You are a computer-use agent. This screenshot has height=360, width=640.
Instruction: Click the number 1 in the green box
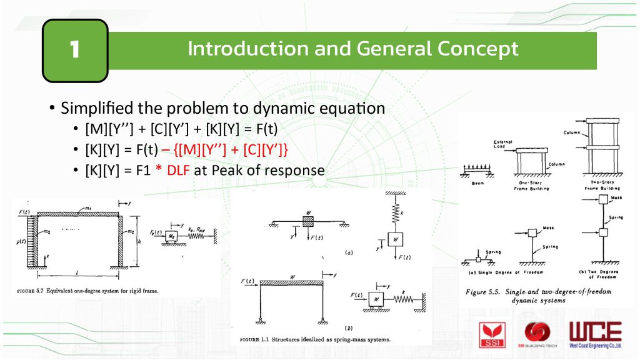75,50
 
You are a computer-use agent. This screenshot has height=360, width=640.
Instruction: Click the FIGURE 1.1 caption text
315,339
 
